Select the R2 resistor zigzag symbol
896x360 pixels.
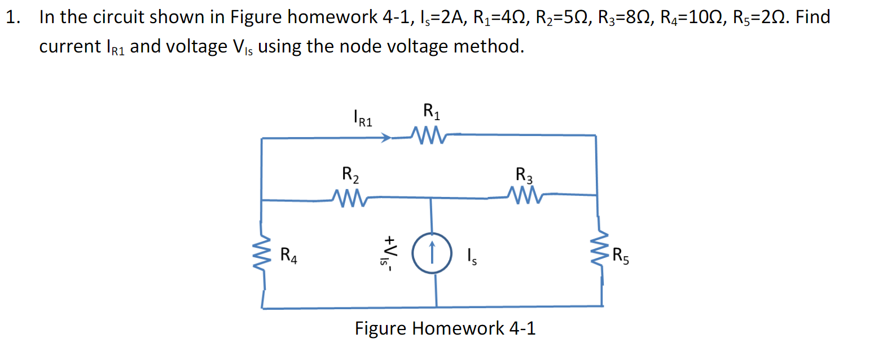tap(350, 197)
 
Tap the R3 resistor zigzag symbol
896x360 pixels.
tap(525, 196)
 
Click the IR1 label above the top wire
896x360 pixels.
tap(362, 118)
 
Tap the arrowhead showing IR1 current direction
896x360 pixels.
tap(386, 137)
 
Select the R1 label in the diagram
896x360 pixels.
tap(432, 111)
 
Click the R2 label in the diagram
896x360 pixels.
tap(350, 174)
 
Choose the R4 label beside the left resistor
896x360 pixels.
tap(288, 255)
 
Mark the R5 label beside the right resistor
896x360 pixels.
tap(620, 256)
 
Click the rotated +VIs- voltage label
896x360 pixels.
tap(389, 253)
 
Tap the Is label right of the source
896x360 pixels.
tap(472, 257)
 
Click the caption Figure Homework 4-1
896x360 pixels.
tap(445, 328)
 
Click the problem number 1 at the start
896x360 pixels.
tap(12, 17)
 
